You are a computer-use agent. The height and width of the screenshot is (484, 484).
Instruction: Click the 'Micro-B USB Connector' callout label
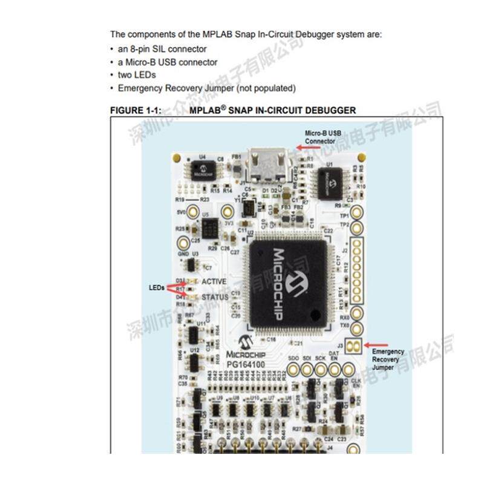[x=324, y=136]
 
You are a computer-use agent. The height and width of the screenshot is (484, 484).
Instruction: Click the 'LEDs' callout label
[x=157, y=287]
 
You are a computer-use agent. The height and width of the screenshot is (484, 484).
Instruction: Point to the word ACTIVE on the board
[x=215, y=281]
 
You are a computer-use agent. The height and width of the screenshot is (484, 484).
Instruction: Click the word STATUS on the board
[x=215, y=297]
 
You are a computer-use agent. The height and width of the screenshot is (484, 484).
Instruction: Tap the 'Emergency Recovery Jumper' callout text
[x=388, y=359]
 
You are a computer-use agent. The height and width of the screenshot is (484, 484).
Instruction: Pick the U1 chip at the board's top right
[x=330, y=180]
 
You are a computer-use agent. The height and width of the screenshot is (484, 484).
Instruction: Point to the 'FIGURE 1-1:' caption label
[x=135, y=110]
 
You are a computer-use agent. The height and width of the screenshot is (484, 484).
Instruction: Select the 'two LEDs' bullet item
[x=137, y=75]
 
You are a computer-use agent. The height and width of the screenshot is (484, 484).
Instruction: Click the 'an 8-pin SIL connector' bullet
[x=162, y=49]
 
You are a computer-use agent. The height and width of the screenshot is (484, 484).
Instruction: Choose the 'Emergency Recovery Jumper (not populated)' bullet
[x=206, y=88]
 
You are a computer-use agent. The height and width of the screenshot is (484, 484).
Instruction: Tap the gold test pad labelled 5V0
[x=193, y=212]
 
